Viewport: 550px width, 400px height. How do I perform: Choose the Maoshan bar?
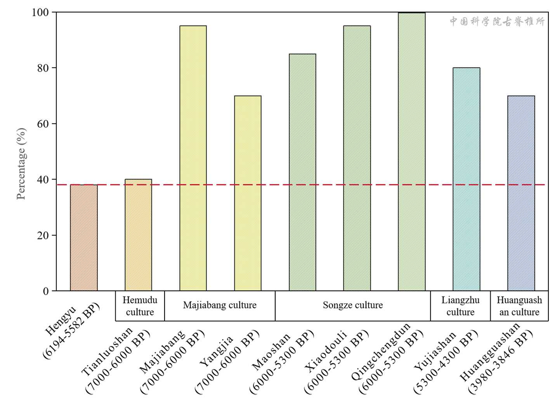click(x=302, y=172)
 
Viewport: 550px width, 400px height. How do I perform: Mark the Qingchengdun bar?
click(x=411, y=152)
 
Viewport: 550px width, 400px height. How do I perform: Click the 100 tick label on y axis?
click(x=40, y=12)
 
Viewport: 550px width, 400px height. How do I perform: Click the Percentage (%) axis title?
click(x=21, y=163)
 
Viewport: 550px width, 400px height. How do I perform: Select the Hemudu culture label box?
click(x=140, y=306)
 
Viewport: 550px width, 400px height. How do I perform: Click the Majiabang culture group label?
click(x=220, y=305)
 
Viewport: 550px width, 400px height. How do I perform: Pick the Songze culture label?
click(x=352, y=305)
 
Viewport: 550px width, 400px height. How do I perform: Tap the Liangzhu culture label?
click(x=460, y=306)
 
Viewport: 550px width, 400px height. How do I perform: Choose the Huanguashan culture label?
click(x=519, y=306)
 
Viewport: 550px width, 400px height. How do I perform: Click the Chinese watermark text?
click(x=497, y=21)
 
